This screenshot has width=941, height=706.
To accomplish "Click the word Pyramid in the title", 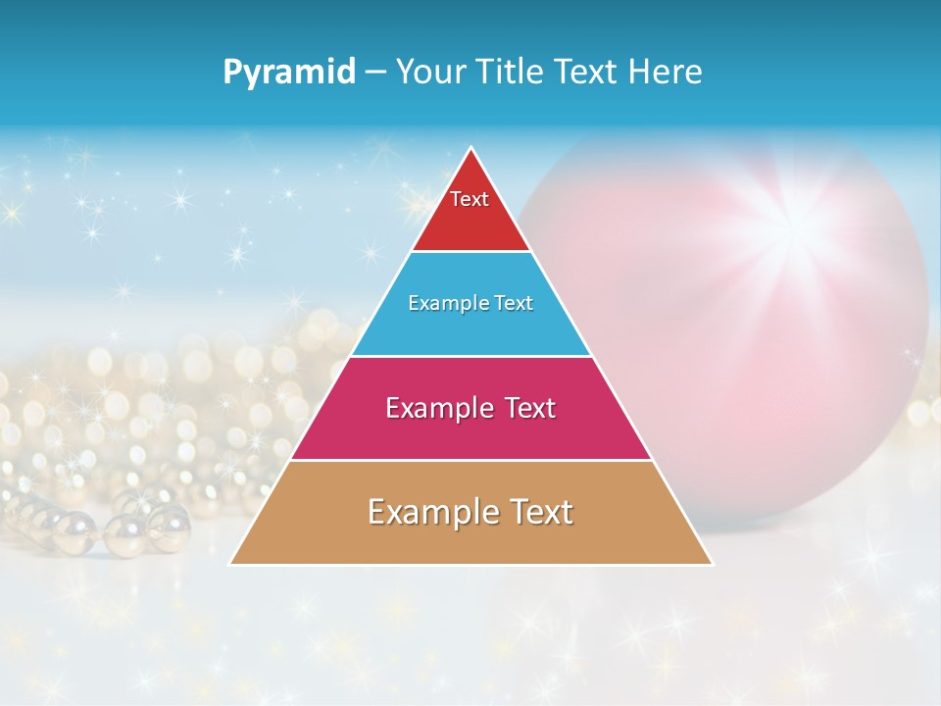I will (289, 72).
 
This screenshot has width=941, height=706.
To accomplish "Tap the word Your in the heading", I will (430, 72).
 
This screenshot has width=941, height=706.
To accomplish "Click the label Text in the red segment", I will (470, 199).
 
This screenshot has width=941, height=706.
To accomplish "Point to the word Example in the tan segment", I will (428, 512).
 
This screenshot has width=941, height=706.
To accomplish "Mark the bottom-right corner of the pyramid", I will (712, 564).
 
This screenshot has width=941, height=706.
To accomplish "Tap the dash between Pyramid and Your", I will (375, 73).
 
